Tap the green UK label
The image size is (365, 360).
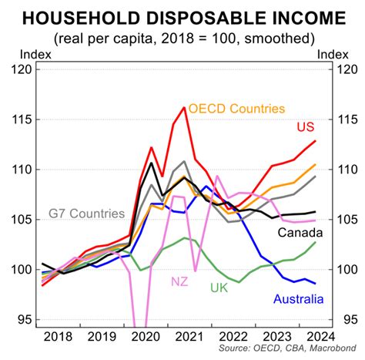tap(220, 288)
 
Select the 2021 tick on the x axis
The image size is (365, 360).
tap(185, 337)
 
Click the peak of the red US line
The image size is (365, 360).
tap(185, 107)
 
